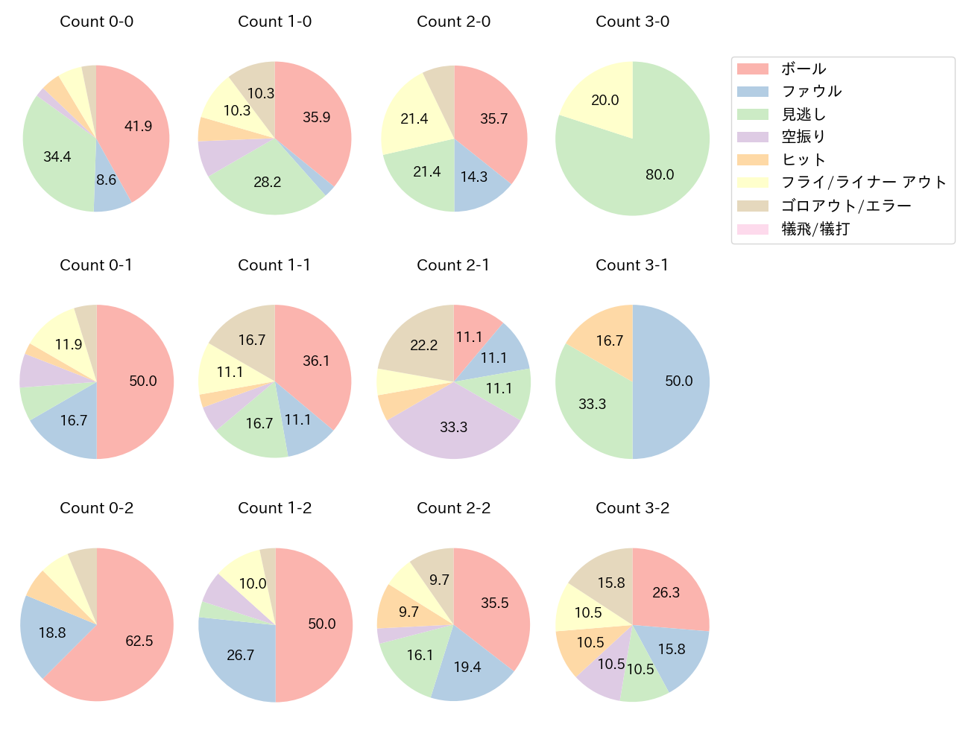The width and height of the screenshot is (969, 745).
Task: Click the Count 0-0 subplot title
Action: pyautogui.click(x=96, y=22)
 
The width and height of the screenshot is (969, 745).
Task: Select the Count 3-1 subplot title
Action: pyautogui.click(x=632, y=265)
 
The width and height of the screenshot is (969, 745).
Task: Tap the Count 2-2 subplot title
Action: pyautogui.click(x=453, y=508)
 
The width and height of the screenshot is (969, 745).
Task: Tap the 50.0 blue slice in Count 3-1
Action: pyautogui.click(x=675, y=381)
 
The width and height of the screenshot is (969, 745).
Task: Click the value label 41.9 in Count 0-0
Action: pyautogui.click(x=138, y=127)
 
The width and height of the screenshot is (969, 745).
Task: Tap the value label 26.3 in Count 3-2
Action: pyautogui.click(x=666, y=593)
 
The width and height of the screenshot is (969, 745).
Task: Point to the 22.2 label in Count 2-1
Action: pyautogui.click(x=423, y=346)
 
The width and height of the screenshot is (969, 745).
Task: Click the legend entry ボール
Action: pyautogui.click(x=804, y=69)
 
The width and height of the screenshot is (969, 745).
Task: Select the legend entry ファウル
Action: pyautogui.click(x=811, y=92)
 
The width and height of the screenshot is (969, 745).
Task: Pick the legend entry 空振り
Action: pyautogui.click(x=804, y=137)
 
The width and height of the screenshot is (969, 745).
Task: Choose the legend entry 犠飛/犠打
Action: pyautogui.click(x=815, y=229)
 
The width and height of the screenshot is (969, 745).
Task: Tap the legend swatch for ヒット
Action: pyautogui.click(x=752, y=160)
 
